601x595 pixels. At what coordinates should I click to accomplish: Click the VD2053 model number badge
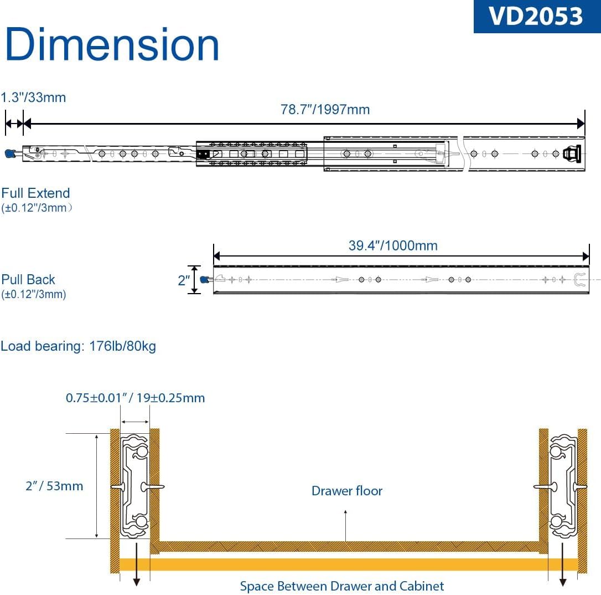click(537, 16)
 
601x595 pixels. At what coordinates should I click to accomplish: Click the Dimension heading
click(112, 44)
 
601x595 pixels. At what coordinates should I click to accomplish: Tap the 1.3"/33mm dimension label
click(33, 98)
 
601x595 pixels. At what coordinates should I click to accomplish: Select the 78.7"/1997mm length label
click(325, 110)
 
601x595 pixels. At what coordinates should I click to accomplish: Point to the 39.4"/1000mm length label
click(393, 245)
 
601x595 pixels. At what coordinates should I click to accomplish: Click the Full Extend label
click(35, 193)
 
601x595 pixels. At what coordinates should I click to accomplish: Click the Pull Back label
click(28, 279)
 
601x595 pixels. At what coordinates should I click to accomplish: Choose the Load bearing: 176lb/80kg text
click(78, 346)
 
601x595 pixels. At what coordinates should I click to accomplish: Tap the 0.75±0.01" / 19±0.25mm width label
click(135, 398)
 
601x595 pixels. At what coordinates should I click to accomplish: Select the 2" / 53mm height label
click(54, 486)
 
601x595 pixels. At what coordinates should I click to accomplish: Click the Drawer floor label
click(347, 491)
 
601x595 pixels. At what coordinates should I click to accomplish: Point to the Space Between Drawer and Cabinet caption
click(342, 586)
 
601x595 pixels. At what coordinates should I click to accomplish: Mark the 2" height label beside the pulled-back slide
click(184, 280)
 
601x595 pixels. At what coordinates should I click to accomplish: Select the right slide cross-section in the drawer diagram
click(563, 486)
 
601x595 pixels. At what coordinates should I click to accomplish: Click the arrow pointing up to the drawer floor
click(346, 526)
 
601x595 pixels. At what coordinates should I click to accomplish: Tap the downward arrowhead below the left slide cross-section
click(137, 582)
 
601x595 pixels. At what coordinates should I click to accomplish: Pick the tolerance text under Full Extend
click(37, 208)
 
